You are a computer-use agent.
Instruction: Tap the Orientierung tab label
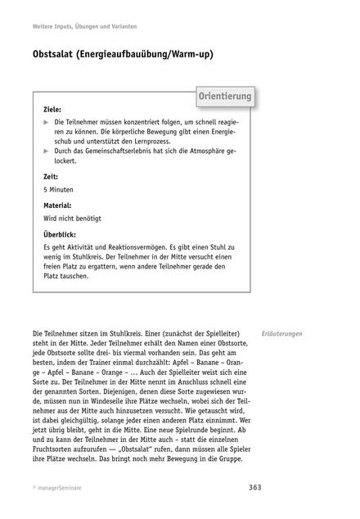[224, 97]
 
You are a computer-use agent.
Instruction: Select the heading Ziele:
[53, 108]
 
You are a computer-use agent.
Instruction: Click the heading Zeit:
[51, 176]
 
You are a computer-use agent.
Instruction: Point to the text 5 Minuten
[59, 190]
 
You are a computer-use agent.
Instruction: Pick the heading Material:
[56, 205]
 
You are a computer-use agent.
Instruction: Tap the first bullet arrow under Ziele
[46, 121]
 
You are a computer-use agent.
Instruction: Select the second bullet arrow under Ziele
[46, 152]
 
